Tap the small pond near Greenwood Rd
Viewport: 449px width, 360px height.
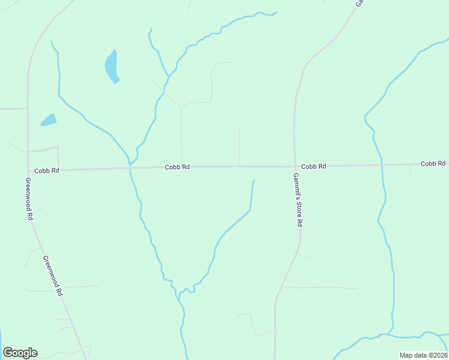(49, 120)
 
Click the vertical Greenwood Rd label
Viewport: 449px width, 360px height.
(29, 199)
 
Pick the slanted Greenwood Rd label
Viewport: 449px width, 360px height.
(53, 277)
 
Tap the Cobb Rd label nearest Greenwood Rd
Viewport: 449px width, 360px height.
(46, 170)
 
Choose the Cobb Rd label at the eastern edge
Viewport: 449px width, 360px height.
(433, 163)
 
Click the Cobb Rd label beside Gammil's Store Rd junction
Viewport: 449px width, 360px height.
(313, 166)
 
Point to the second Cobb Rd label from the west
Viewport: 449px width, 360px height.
(177, 167)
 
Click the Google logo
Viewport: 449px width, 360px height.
(20, 352)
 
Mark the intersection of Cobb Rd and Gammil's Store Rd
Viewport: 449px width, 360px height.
(295, 166)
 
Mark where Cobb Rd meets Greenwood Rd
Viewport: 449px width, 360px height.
(28, 170)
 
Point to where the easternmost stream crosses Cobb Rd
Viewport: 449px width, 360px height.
(382, 165)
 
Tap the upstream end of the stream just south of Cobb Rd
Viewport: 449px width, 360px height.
(254, 180)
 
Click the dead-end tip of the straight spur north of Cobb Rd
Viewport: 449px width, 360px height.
(239, 126)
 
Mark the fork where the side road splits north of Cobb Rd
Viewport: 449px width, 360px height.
(181, 107)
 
